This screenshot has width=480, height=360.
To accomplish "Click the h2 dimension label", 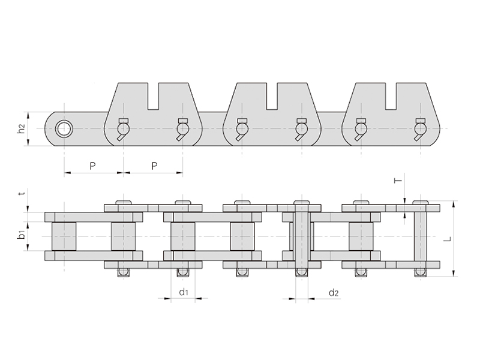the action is [x=21, y=129].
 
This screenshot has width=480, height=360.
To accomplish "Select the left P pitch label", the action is [x=92, y=166].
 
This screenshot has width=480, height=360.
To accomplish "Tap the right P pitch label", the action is [x=154, y=166].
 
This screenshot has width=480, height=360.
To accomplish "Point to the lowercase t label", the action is [x=21, y=193].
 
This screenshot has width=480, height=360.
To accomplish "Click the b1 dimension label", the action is [x=21, y=236].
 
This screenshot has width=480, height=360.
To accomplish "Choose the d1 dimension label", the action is [x=184, y=292].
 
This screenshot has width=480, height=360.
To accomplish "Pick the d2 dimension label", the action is [x=334, y=293].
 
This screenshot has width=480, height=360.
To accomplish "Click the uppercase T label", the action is [x=398, y=181].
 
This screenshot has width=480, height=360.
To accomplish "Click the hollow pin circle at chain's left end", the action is [x=64, y=128].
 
